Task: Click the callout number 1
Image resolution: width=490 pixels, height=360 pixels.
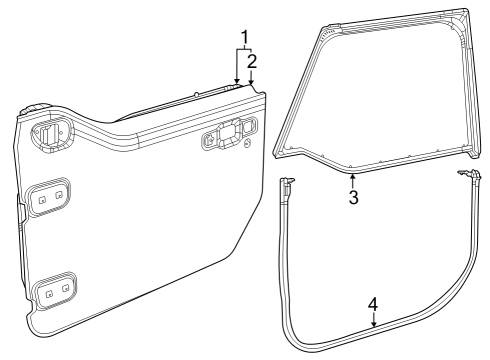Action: (x=243, y=38)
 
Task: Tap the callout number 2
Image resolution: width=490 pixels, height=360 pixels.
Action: (x=252, y=61)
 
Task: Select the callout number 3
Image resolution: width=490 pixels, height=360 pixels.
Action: (x=353, y=197)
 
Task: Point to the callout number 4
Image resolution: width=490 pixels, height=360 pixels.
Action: (x=373, y=303)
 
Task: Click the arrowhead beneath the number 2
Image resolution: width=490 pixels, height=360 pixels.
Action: (x=252, y=86)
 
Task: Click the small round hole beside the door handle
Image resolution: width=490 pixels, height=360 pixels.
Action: (x=246, y=147)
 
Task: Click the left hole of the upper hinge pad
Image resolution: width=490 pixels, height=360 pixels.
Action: (x=43, y=199)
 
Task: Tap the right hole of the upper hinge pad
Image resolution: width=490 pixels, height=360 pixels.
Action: (x=60, y=196)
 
